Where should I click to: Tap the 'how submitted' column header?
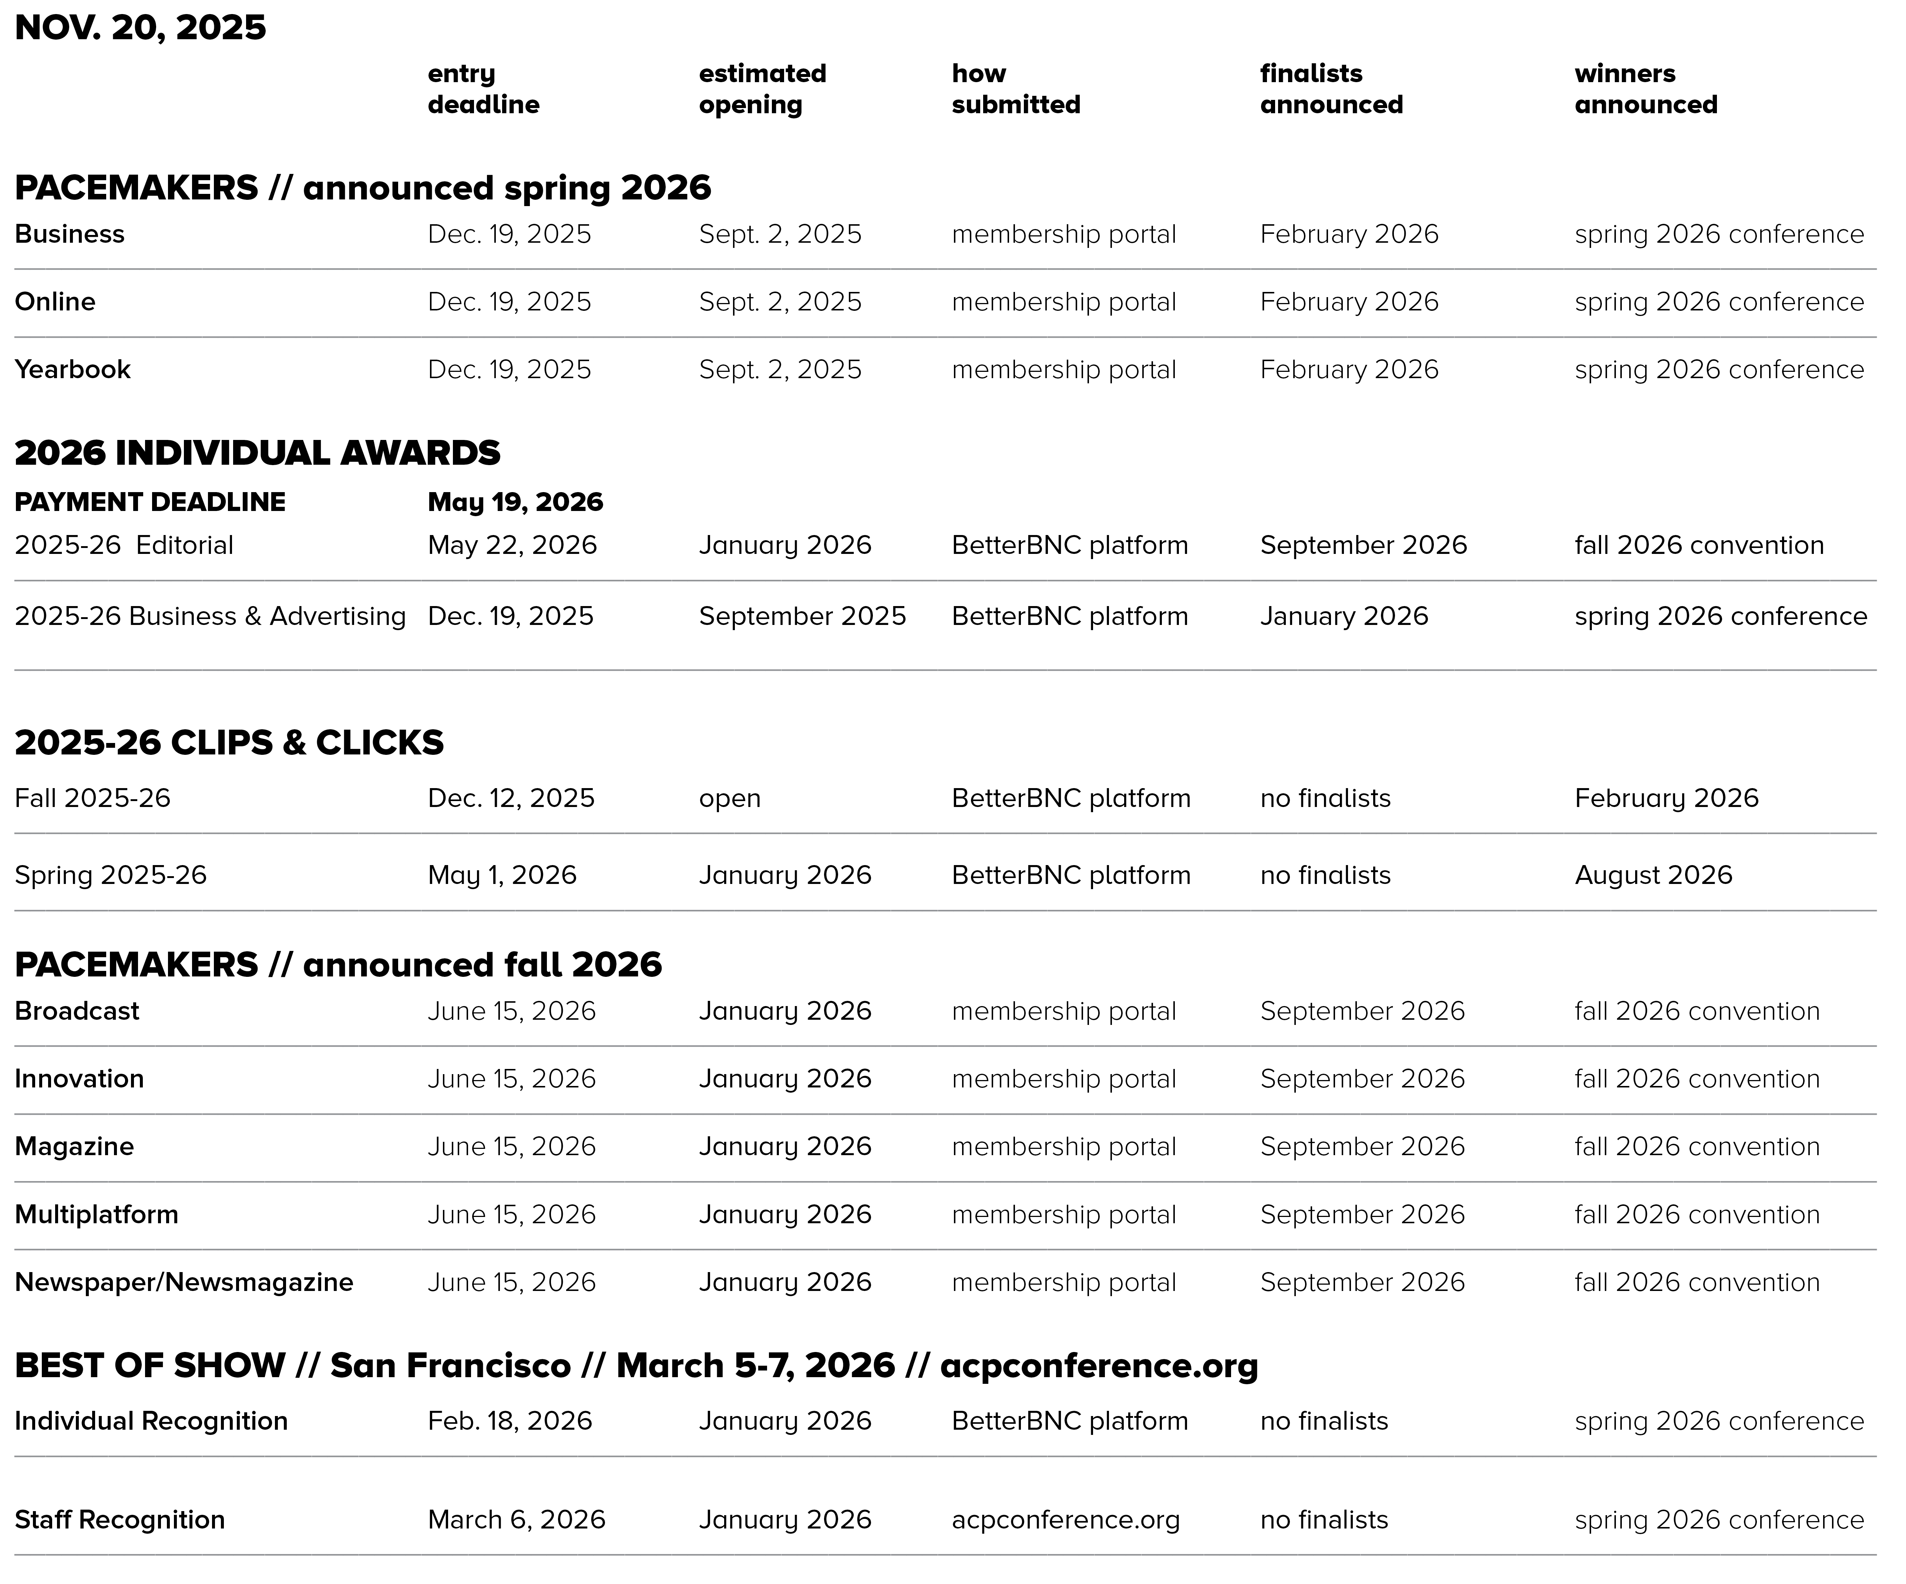1016,89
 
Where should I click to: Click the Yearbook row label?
73,369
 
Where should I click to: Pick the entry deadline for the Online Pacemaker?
509,301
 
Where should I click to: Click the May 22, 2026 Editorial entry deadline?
512,545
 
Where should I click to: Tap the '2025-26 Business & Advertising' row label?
210,616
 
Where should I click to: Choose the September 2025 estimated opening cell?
801,616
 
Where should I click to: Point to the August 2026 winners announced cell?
1653,875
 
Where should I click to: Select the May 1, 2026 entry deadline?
502,875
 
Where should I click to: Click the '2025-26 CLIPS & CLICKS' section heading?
229,743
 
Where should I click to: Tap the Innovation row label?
79,1079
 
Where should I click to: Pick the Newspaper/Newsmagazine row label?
183,1282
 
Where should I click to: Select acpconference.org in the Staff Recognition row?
1066,1520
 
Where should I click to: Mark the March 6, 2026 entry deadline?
517,1520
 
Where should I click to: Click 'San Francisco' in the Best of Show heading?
450,1365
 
